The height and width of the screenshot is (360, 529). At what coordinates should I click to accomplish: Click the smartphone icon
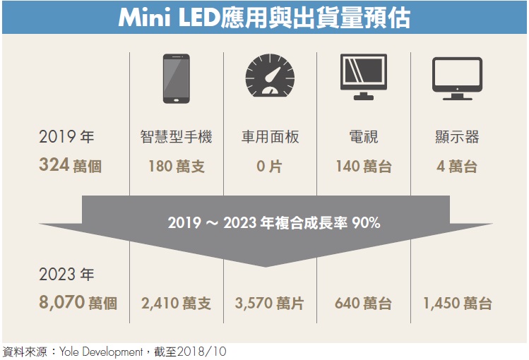pyautogui.click(x=176, y=79)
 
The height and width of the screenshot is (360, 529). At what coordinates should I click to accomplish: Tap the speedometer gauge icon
pyautogui.click(x=270, y=77)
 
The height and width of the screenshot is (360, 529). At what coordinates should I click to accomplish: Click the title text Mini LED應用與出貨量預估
pyautogui.click(x=264, y=18)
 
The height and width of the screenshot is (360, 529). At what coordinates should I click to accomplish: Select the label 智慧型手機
pyautogui.click(x=176, y=137)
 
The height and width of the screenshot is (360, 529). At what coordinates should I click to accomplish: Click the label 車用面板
pyautogui.click(x=270, y=137)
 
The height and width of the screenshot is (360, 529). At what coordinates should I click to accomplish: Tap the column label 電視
pyautogui.click(x=363, y=137)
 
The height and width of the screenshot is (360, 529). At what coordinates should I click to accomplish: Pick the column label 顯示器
pyautogui.click(x=457, y=137)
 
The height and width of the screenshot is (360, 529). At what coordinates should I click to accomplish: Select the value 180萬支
pyautogui.click(x=176, y=167)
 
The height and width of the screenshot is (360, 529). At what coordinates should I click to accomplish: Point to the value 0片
pyautogui.click(x=270, y=167)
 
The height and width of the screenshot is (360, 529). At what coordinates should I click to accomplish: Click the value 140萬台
pyautogui.click(x=363, y=167)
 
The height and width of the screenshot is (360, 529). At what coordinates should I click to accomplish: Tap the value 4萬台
pyautogui.click(x=457, y=167)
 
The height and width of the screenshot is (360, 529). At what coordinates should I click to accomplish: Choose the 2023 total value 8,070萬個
pyautogui.click(x=78, y=304)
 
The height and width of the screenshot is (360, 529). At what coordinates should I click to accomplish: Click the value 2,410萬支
pyautogui.click(x=176, y=304)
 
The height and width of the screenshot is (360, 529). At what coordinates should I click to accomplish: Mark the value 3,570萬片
pyautogui.click(x=270, y=304)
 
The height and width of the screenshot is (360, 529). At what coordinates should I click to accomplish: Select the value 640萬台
pyautogui.click(x=363, y=304)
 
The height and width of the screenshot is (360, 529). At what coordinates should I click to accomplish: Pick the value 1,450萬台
pyautogui.click(x=457, y=304)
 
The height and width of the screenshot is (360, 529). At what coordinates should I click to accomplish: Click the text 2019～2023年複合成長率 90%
pyautogui.click(x=274, y=223)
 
